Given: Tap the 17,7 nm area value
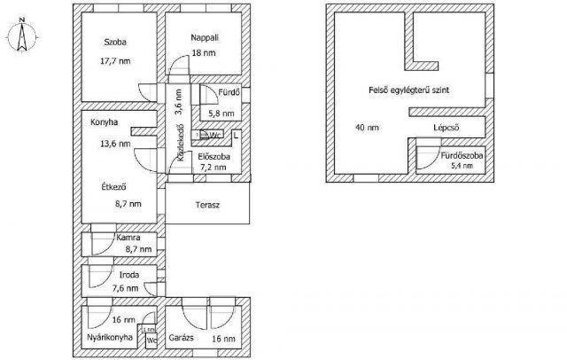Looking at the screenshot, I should click(x=116, y=61).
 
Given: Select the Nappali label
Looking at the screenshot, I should click(x=205, y=37).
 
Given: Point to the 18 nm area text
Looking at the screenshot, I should click(x=204, y=54).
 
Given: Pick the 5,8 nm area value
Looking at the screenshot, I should click(x=221, y=113).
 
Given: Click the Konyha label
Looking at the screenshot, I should click(x=104, y=124).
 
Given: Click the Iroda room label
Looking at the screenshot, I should click(x=129, y=276).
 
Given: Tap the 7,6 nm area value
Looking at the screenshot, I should click(x=124, y=288).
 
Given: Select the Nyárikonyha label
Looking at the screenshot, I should click(x=110, y=338).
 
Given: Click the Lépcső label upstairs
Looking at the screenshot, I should click(x=446, y=127).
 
